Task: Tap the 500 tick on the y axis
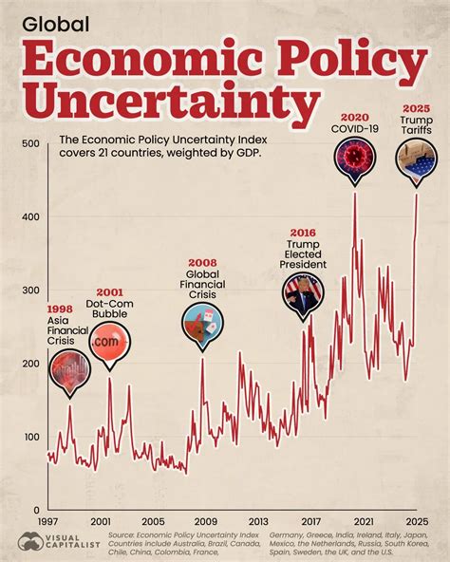pyautogui.click(x=29, y=144)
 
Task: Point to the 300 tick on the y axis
pyautogui.click(x=29, y=290)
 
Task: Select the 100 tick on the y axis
pyautogui.click(x=29, y=437)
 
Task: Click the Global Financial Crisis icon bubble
pyautogui.click(x=202, y=323)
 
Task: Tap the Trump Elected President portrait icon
pyautogui.click(x=303, y=290)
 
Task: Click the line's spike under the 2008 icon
pyautogui.click(x=201, y=359)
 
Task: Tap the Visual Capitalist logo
pyautogui.click(x=53, y=541)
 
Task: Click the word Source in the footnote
pyautogui.click(x=126, y=535)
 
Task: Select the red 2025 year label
pyautogui.click(x=417, y=108)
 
